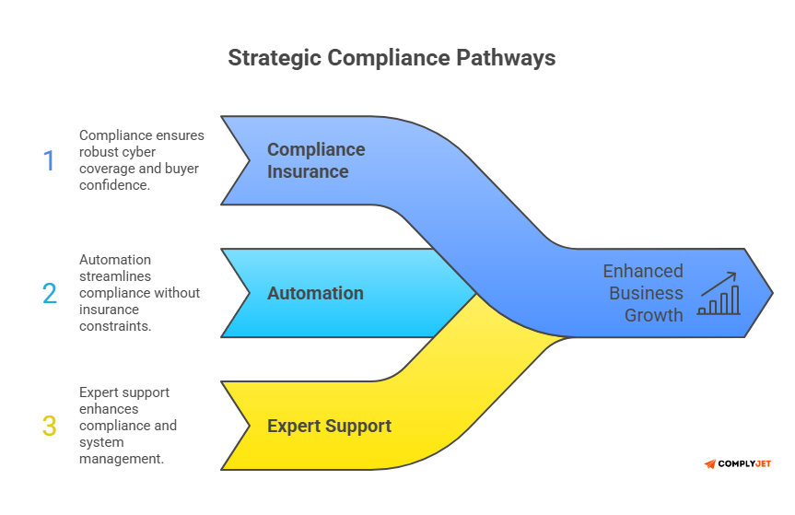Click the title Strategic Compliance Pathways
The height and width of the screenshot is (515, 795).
(x=392, y=58)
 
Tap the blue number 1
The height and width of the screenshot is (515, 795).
(x=49, y=161)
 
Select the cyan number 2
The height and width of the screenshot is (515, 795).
(x=49, y=294)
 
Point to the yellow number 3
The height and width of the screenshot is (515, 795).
(x=49, y=426)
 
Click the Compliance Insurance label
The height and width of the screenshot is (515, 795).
(x=316, y=160)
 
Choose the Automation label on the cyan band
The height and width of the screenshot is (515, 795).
(x=315, y=293)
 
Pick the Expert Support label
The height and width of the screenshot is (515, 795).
(x=329, y=426)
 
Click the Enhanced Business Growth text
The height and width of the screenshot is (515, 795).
(x=643, y=293)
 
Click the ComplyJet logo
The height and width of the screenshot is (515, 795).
(x=738, y=463)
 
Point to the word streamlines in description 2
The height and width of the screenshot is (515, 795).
(x=116, y=276)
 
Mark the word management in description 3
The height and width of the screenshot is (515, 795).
(x=122, y=458)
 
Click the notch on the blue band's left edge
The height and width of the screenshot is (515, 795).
(x=249, y=160)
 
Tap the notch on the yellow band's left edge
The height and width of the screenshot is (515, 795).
(x=249, y=426)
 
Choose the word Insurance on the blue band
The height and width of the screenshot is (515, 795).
(x=308, y=171)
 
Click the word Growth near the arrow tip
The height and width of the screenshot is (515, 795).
(x=654, y=315)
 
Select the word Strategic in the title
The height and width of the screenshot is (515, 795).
(x=274, y=58)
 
